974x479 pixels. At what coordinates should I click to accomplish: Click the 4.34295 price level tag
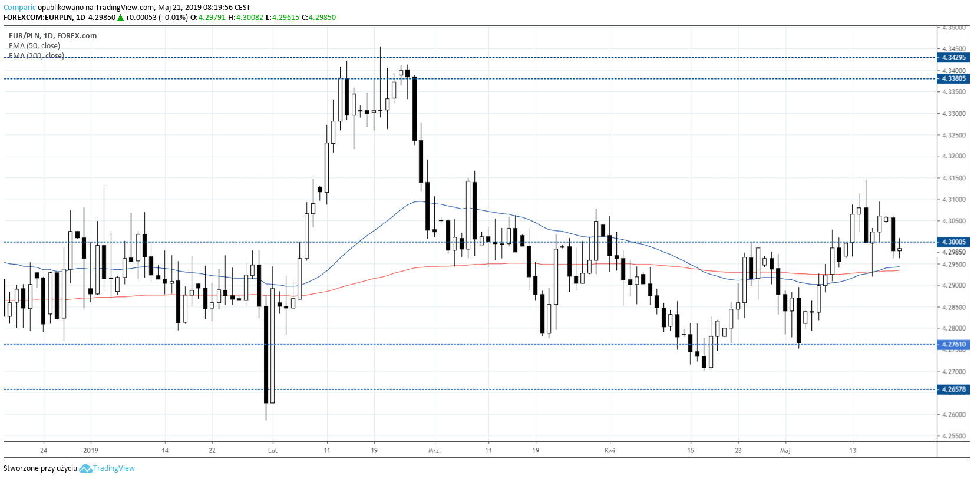[953, 58]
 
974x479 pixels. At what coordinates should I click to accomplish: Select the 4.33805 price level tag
[953, 78]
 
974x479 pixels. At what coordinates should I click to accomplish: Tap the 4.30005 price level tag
[953, 242]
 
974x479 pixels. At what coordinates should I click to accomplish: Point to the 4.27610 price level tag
[953, 345]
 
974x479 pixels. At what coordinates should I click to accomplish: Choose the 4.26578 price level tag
[953, 389]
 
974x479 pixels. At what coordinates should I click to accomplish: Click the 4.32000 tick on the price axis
[953, 157]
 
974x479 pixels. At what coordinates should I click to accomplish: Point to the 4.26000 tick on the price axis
[953, 415]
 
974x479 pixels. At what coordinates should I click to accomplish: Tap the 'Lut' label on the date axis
[272, 451]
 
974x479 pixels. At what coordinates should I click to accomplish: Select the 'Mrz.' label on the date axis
[434, 451]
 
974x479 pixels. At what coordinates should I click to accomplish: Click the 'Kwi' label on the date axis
[610, 451]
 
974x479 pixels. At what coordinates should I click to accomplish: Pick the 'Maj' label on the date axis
[785, 451]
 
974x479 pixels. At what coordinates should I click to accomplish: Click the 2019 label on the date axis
[91, 451]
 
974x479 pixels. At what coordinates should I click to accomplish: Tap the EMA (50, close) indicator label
[34, 46]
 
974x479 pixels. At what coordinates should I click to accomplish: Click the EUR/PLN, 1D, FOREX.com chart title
[52, 36]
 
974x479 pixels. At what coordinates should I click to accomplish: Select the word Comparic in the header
[19, 8]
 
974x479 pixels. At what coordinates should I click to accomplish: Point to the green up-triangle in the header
[120, 18]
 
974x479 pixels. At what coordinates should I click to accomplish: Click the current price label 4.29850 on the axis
[953, 252]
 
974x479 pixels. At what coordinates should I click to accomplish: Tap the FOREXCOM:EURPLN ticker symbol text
[38, 18]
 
